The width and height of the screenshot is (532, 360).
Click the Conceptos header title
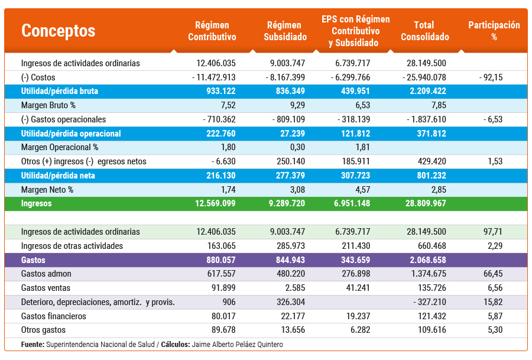[x=58, y=31]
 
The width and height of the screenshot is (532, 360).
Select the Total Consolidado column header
[x=424, y=31]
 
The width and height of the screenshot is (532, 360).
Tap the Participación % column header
[x=494, y=31]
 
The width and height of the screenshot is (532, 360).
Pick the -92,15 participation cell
[x=491, y=77]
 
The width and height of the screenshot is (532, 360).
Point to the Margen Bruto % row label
[x=48, y=105]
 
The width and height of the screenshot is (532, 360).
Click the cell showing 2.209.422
[x=426, y=91]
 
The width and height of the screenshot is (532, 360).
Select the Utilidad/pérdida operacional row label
[x=71, y=134]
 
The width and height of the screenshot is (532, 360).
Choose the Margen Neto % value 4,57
[x=361, y=190]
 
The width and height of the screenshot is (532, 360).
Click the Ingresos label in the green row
[x=36, y=203]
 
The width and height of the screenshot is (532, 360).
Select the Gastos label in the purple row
[x=33, y=260]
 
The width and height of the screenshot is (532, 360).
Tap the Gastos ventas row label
[x=46, y=288]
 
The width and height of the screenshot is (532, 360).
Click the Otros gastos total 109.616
[x=430, y=330]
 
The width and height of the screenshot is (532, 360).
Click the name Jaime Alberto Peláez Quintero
[x=237, y=344]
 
